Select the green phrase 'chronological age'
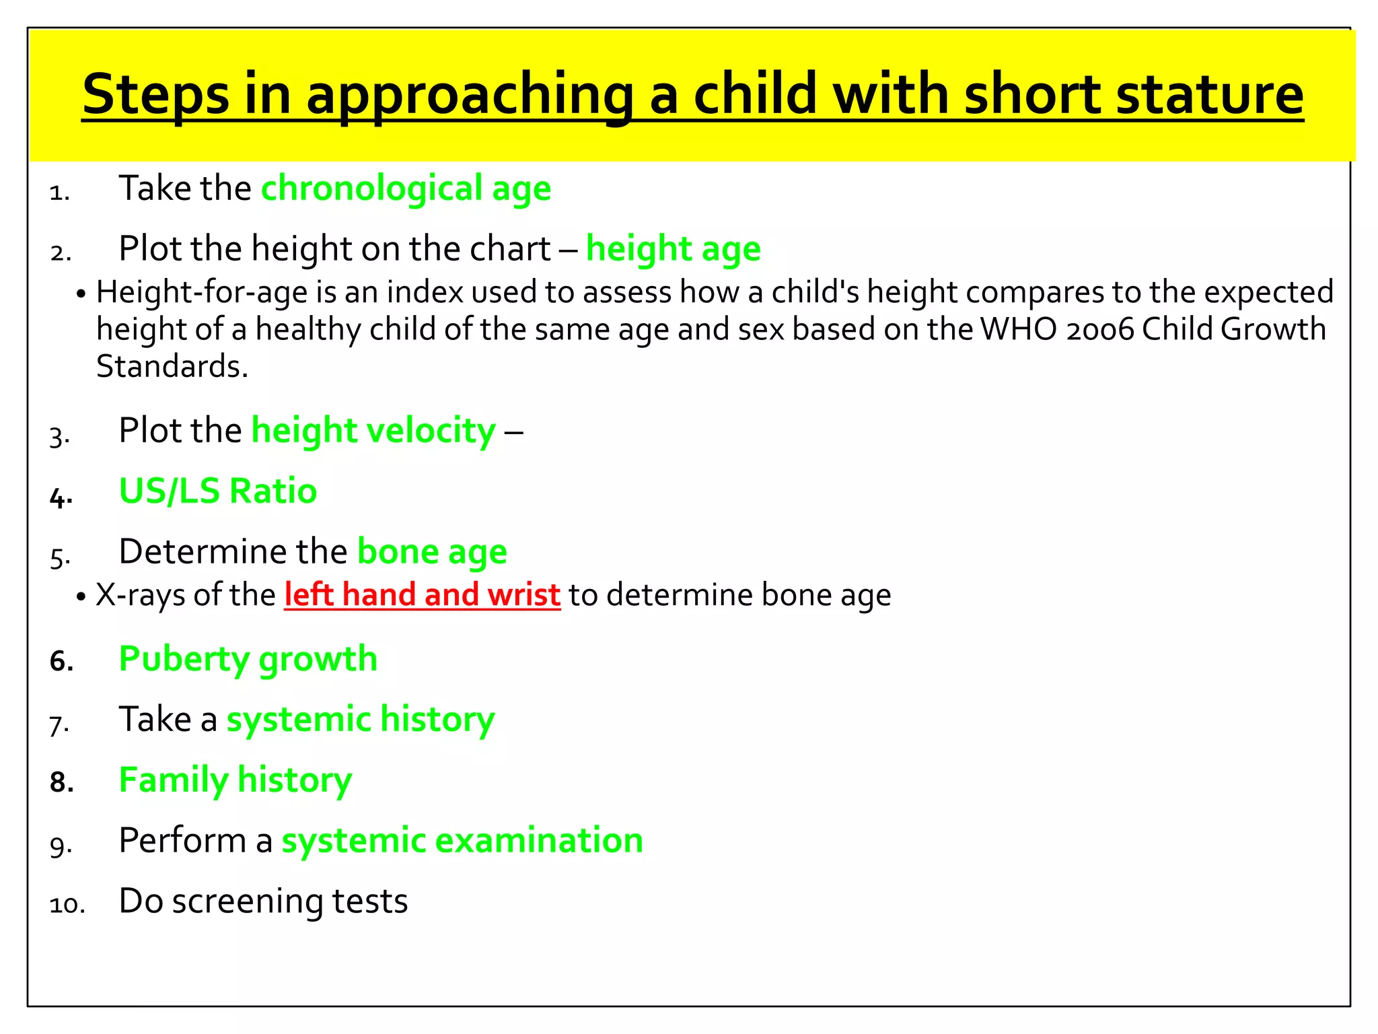[406, 188]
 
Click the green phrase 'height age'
[673, 249]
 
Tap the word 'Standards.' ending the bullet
[172, 366]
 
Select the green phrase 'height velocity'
[373, 431]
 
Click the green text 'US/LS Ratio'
[217, 491]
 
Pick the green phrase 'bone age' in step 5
[432, 552]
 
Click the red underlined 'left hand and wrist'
[422, 595]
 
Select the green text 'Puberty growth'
[248, 659]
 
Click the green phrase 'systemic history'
[361, 720]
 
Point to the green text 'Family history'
[235, 780]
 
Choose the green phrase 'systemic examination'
[462, 841]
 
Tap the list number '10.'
[67, 904]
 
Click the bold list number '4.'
[61, 498]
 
